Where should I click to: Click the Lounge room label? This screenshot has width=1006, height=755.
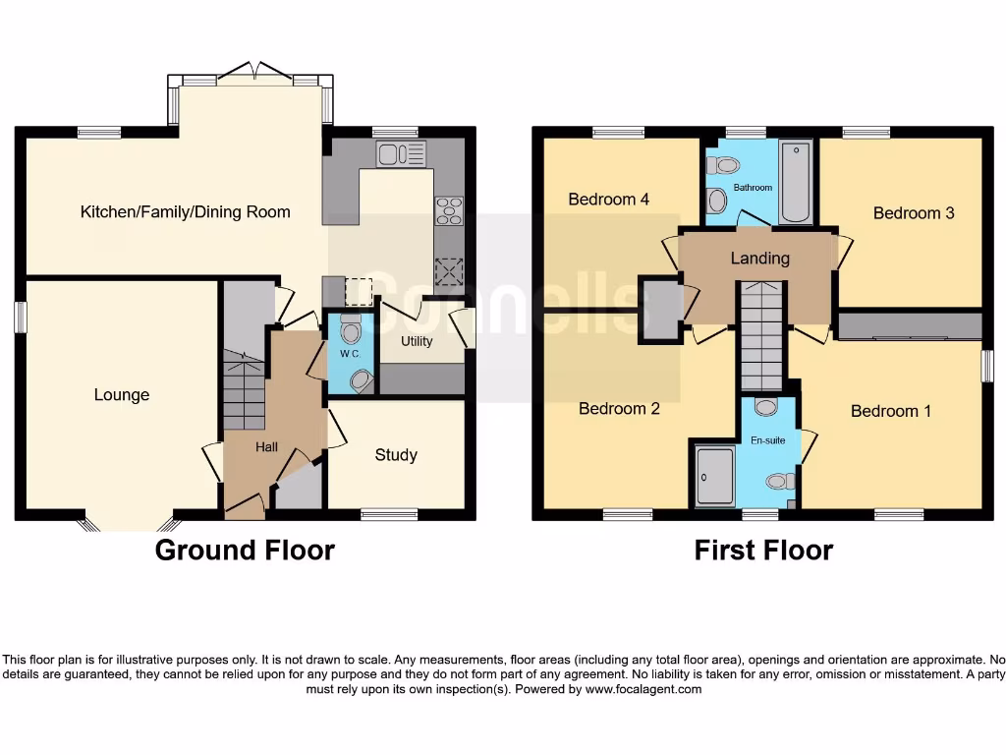coord(122,395)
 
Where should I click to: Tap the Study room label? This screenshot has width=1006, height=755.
coord(396,455)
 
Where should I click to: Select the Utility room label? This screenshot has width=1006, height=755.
coord(417,341)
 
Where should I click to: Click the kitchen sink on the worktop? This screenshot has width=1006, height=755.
coord(401,154)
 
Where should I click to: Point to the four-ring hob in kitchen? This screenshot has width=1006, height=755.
coord(449,209)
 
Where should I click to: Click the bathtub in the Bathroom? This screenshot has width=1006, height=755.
coord(796,183)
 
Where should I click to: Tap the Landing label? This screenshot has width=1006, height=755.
coord(760,259)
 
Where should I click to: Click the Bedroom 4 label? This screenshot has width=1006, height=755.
coord(608,200)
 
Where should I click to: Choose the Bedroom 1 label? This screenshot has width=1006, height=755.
coord(890,411)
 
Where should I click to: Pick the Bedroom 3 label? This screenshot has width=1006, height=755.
coord(914,213)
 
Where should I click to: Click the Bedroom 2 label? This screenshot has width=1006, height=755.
coord(619,409)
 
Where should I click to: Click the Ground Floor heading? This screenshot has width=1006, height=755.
coord(245,551)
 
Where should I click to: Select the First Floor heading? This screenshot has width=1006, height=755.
coord(763,551)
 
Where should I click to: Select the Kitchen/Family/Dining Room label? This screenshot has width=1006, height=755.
coord(185,211)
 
